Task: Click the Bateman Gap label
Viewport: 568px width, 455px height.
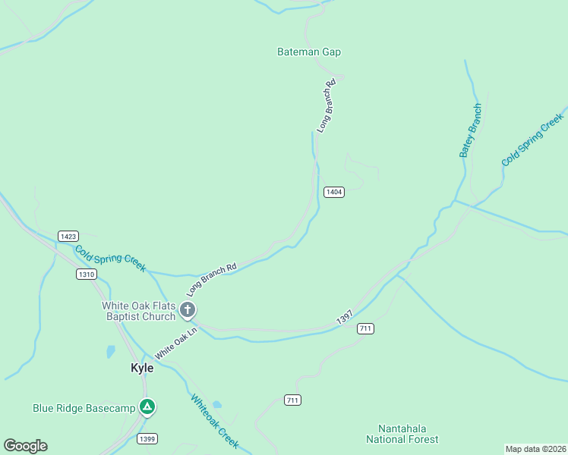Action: click(308, 52)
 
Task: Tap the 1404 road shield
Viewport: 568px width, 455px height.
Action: click(334, 192)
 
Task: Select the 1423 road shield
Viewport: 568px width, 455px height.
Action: click(68, 237)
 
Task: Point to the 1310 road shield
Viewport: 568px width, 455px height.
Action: click(87, 274)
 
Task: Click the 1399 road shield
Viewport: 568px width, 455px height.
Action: click(148, 439)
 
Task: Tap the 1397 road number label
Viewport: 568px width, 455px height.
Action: click(344, 318)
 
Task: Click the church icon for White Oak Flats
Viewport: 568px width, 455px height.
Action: click(188, 310)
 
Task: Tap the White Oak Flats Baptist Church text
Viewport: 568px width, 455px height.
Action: click(139, 311)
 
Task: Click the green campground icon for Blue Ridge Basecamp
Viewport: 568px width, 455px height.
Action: click(148, 408)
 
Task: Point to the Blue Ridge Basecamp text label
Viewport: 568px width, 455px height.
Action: click(84, 408)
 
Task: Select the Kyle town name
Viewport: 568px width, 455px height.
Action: click(142, 368)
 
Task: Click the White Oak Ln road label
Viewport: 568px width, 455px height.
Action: click(176, 343)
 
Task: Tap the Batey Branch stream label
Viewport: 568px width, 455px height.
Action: click(470, 130)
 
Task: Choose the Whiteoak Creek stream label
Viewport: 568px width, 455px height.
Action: click(215, 421)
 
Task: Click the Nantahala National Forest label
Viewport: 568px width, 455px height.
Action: click(402, 434)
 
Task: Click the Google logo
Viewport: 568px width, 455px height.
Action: click(25, 446)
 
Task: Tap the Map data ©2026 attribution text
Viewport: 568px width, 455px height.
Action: click(535, 449)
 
